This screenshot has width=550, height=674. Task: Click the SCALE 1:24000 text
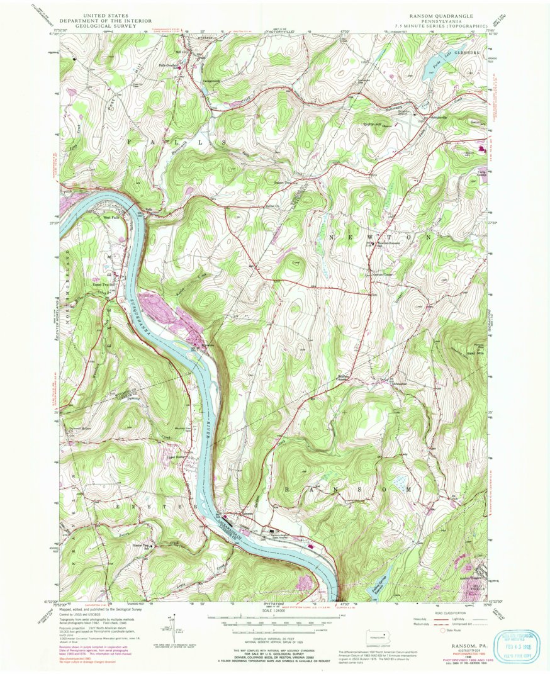[x=271, y=610]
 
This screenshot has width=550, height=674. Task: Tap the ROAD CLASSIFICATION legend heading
[x=453, y=612]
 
